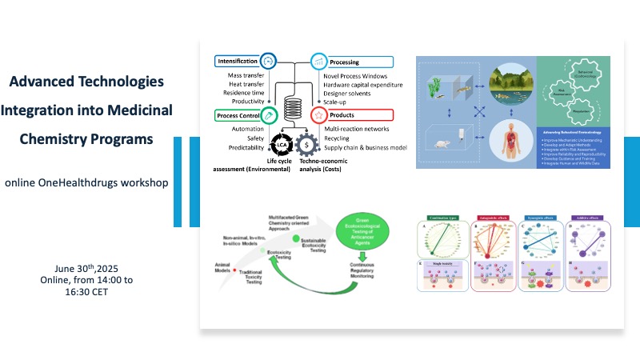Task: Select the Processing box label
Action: (345, 62)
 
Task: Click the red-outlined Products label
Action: (342, 115)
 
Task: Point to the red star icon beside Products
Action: (318, 115)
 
